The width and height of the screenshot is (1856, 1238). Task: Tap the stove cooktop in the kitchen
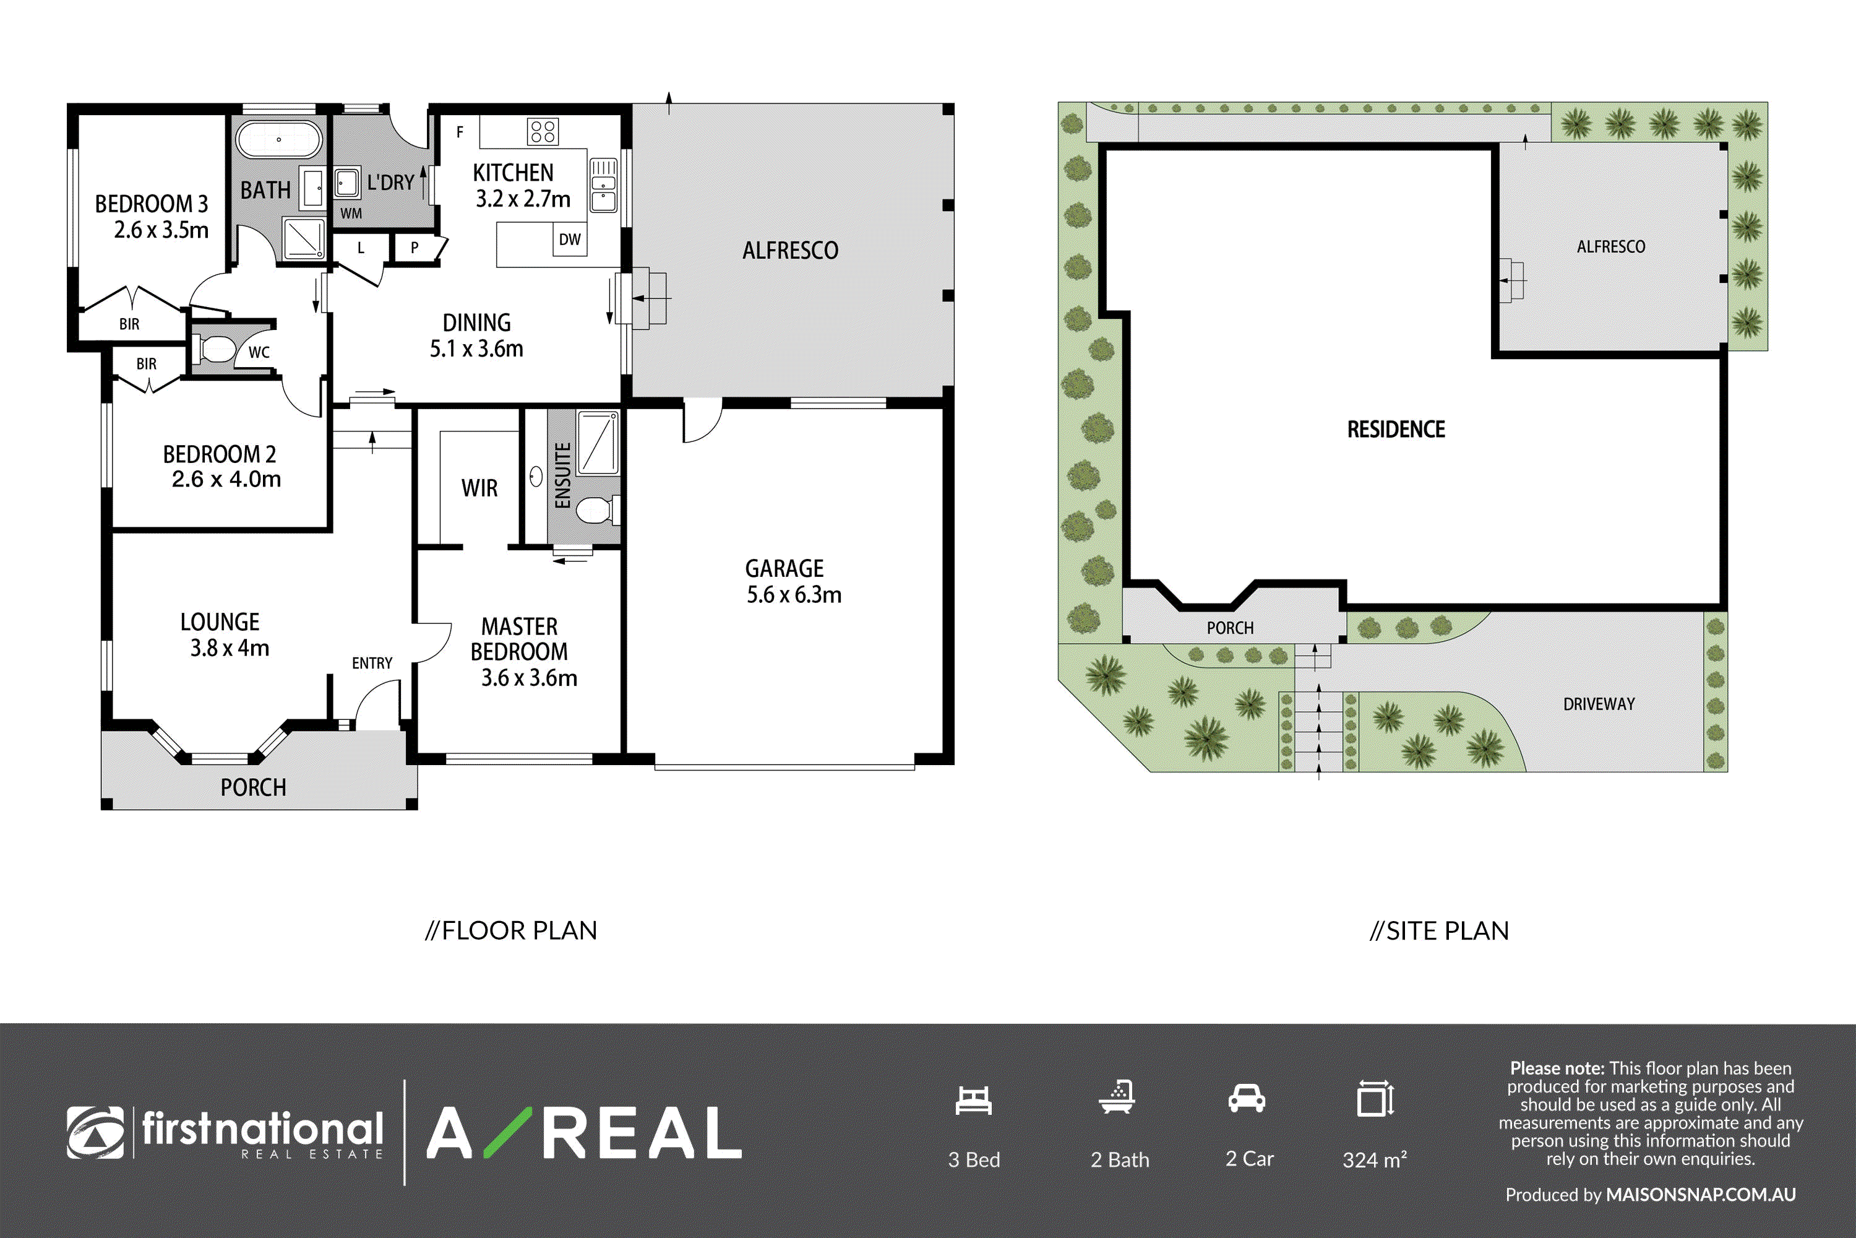point(543,131)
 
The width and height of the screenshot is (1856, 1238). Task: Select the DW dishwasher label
point(570,239)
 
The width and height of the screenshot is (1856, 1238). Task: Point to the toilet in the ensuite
point(598,510)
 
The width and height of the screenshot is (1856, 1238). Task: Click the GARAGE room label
point(784,568)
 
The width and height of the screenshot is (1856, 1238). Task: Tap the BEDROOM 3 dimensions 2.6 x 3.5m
point(161,230)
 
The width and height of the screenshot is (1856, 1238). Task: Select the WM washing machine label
point(351,213)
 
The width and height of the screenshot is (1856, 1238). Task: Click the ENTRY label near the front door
point(372,663)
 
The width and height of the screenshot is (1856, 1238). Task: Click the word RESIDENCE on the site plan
point(1396,430)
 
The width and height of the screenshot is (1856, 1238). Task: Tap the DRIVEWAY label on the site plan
point(1599,703)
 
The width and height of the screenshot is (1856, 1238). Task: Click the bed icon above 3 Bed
point(973,1100)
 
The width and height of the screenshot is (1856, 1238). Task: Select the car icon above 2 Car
point(1247,1098)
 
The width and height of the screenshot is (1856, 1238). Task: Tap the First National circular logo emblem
point(95,1132)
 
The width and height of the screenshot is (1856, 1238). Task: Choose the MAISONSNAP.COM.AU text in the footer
point(1701,1195)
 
